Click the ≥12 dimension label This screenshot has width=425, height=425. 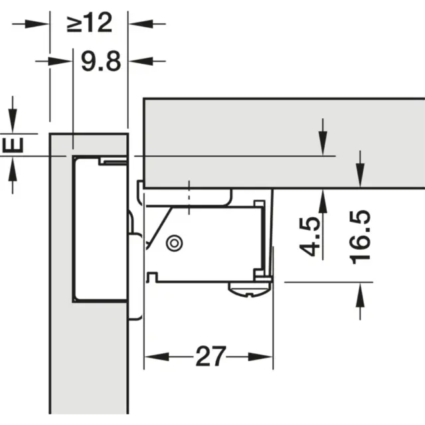[90, 24]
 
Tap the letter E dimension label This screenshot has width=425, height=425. [15, 145]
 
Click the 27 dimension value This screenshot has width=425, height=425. [209, 357]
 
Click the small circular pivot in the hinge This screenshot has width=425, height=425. [175, 242]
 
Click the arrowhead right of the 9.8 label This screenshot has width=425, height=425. [135, 61]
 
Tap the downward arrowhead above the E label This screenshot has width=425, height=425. [13, 126]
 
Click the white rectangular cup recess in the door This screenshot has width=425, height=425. [100, 229]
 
